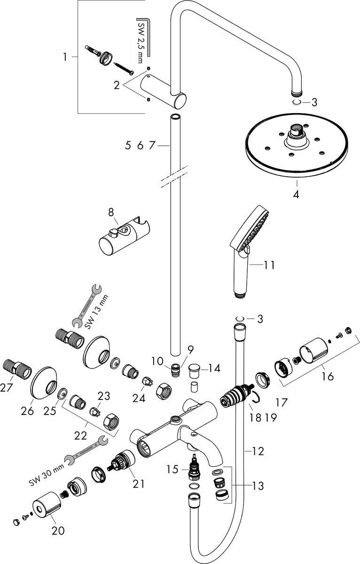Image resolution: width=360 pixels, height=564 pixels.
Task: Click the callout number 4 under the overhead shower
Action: (x=297, y=193)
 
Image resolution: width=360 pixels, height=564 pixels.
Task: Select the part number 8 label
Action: (x=111, y=212)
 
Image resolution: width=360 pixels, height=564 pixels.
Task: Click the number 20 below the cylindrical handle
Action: (x=58, y=531)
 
